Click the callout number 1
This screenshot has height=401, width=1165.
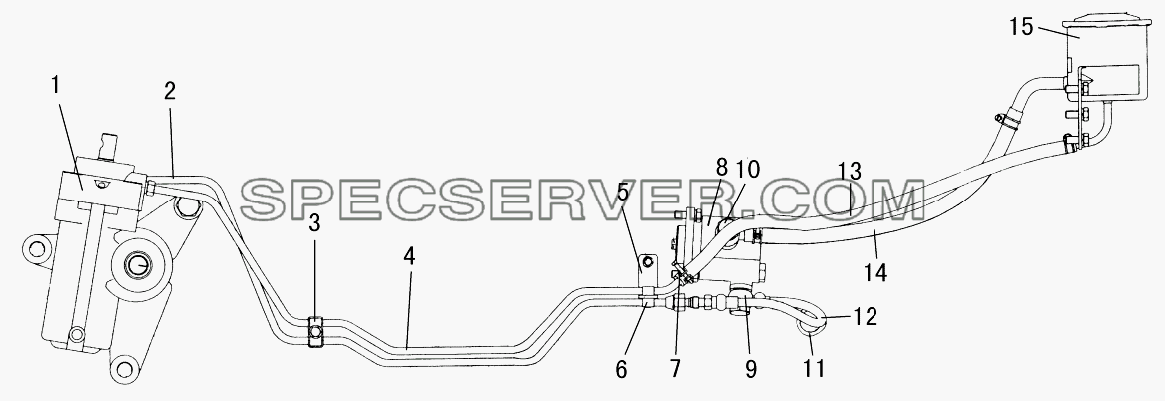click(x=56, y=86)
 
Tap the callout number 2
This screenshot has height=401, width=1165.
click(x=170, y=92)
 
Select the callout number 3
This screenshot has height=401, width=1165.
click(x=314, y=224)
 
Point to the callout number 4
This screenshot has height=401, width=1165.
click(x=409, y=257)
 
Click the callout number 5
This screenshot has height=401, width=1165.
click(x=622, y=193)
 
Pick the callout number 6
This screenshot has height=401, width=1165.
click(x=622, y=368)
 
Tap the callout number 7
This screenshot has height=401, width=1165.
click(x=675, y=368)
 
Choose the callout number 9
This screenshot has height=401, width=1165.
click(x=751, y=368)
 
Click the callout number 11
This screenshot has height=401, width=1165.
click(x=815, y=367)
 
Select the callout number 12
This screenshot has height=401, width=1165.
click(x=865, y=317)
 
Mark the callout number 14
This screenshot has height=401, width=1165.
click(x=875, y=272)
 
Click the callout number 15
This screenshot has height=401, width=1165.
click(x=1022, y=28)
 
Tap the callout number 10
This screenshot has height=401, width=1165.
click(x=747, y=169)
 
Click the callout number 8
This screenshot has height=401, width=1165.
click(x=722, y=168)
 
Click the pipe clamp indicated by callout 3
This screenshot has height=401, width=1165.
click(x=314, y=331)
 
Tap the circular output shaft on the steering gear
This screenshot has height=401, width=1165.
click(x=139, y=263)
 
